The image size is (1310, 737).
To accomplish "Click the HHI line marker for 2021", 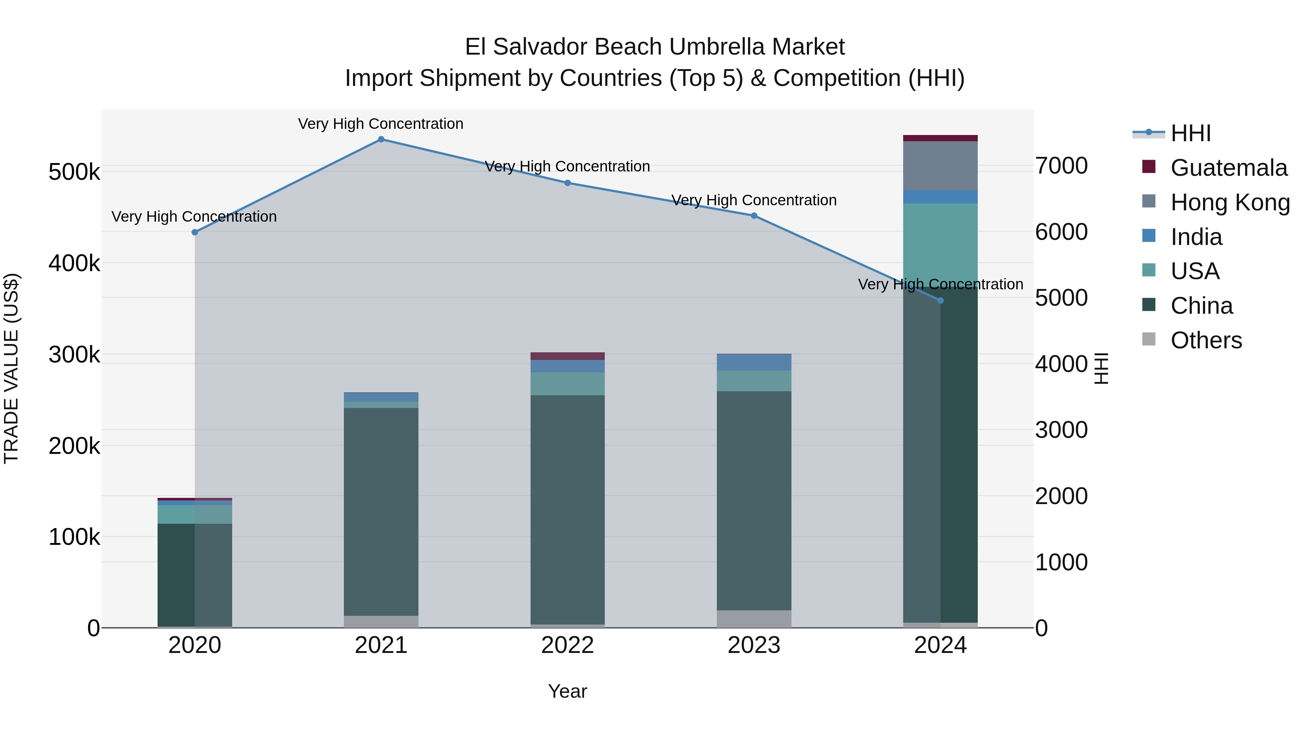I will click(x=381, y=139).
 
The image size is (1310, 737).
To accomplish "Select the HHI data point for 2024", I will click(x=940, y=301).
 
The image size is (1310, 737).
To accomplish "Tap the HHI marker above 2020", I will click(x=195, y=233).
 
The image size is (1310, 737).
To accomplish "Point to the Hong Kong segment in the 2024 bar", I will click(x=940, y=166).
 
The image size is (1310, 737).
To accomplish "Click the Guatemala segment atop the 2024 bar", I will click(x=940, y=138).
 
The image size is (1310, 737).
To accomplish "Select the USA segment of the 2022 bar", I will click(x=568, y=384).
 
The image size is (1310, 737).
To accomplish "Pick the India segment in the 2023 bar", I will click(x=754, y=362).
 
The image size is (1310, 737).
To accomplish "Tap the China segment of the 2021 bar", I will click(x=381, y=511).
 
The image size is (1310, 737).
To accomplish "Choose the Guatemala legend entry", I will click(x=1228, y=168).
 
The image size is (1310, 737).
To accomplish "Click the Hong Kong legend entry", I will click(x=1230, y=202).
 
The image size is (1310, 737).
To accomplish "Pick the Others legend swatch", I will click(x=1149, y=339).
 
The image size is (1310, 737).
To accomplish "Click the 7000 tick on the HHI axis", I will click(x=1062, y=166).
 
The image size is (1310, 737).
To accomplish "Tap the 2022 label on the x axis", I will click(x=568, y=645).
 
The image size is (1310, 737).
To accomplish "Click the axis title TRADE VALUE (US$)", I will click(x=12, y=368).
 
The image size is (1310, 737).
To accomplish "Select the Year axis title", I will click(x=568, y=691).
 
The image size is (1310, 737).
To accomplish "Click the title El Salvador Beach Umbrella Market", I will click(x=655, y=47).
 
